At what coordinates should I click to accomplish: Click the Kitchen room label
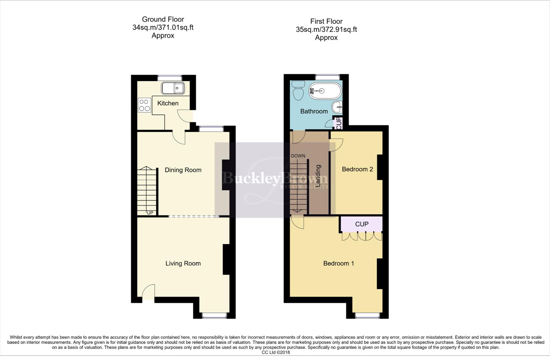pyautogui.click(x=168, y=103)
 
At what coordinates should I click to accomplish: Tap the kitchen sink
pyautogui.click(x=173, y=88)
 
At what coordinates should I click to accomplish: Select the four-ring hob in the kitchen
pyautogui.click(x=144, y=105)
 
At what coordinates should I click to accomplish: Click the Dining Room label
pyautogui.click(x=183, y=170)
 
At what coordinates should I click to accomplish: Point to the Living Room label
pyautogui.click(x=183, y=263)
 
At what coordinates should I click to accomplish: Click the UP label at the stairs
pyautogui.click(x=150, y=213)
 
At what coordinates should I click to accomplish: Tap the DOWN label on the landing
pyautogui.click(x=298, y=156)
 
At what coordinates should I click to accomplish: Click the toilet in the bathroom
pyautogui.click(x=297, y=90)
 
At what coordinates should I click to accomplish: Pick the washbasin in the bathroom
pyautogui.click(x=338, y=107)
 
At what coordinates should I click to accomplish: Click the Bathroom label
pyautogui.click(x=314, y=111)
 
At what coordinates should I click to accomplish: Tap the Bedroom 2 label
pyautogui.click(x=357, y=169)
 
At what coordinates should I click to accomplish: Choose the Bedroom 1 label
pyautogui.click(x=339, y=263)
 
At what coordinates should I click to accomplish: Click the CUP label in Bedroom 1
pyautogui.click(x=362, y=224)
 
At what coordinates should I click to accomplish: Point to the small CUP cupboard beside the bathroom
pyautogui.click(x=339, y=123)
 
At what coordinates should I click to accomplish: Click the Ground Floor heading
pyautogui.click(x=163, y=19)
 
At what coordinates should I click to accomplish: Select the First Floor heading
pyautogui.click(x=326, y=21)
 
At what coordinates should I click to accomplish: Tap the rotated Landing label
pyautogui.click(x=318, y=176)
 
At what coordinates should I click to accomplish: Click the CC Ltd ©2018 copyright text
pyautogui.click(x=276, y=352)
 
